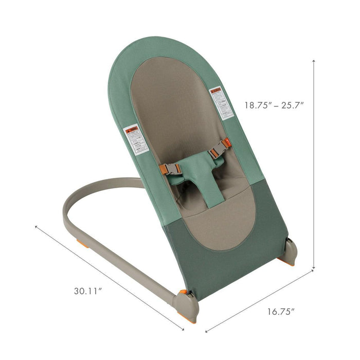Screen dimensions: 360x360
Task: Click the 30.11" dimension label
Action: (87, 291)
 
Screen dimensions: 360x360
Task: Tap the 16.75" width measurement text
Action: (281, 311)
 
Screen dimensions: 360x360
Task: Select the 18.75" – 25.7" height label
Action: (274, 105)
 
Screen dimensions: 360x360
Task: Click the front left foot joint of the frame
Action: (186, 304)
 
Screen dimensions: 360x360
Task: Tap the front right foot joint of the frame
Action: (290, 251)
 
